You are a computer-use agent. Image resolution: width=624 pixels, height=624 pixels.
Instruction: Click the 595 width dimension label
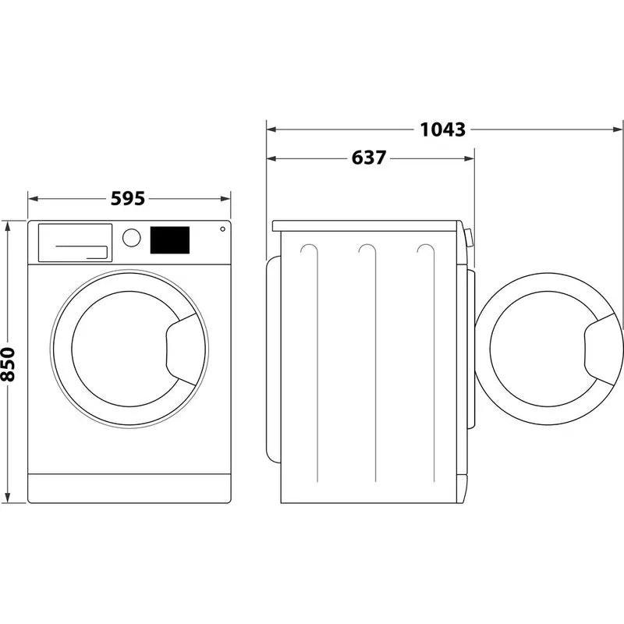(x=128, y=199)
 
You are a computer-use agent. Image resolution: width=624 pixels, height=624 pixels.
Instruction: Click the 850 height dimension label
(x=9, y=364)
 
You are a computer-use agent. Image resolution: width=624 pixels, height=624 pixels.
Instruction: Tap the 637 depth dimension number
(x=368, y=158)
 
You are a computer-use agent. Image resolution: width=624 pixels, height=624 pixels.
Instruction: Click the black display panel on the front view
(x=169, y=239)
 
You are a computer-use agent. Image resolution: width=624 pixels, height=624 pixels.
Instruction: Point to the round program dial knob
(x=132, y=237)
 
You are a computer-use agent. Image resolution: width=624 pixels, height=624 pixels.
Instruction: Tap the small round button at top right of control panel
(x=222, y=229)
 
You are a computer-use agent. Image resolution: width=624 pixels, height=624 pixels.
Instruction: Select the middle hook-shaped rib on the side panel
(x=367, y=251)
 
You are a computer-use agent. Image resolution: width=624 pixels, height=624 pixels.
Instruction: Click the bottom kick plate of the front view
(x=129, y=487)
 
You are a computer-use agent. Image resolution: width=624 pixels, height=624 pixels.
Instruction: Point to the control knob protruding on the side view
(x=468, y=238)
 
